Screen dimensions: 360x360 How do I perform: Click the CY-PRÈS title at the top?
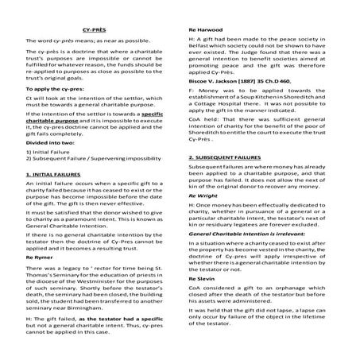(91, 28)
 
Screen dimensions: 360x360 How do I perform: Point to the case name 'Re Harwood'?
(204, 28)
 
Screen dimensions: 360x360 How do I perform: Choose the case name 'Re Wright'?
(202, 193)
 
